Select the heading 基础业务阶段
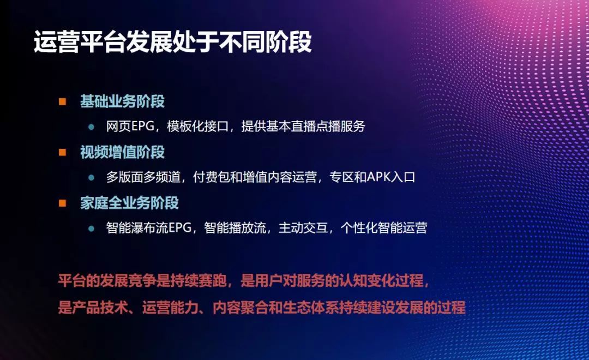point(122,101)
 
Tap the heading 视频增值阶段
point(122,152)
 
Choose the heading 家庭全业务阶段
point(129,203)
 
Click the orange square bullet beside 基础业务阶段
point(63,101)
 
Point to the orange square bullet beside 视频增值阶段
point(63,152)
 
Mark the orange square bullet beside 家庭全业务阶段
point(63,203)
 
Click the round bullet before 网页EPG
point(92,127)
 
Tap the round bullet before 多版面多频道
point(92,177)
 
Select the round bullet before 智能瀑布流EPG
point(92,228)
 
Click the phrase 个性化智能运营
point(384,228)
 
